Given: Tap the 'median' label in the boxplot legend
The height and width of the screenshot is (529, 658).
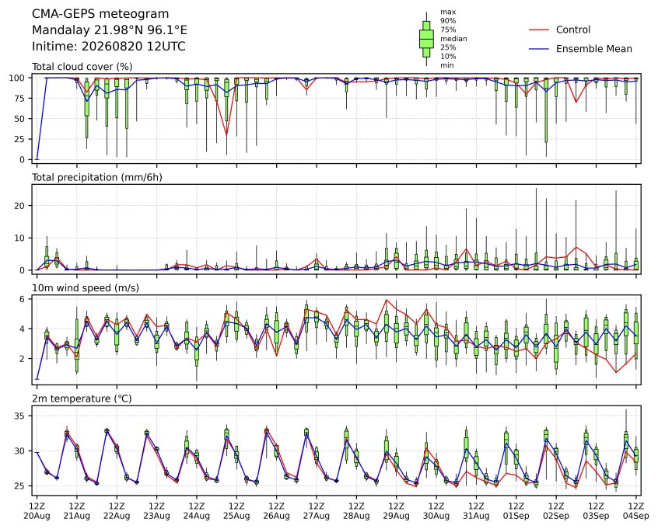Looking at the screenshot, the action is (453, 39).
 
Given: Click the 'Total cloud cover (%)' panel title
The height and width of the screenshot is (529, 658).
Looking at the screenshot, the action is (82, 67).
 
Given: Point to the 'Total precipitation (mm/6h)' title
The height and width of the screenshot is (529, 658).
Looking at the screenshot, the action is (97, 177).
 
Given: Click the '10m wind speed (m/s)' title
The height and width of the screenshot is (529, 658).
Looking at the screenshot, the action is (86, 288).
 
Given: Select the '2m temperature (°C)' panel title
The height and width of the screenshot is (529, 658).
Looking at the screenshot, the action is (82, 398).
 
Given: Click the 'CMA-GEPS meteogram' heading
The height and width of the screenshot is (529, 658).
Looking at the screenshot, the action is (100, 14).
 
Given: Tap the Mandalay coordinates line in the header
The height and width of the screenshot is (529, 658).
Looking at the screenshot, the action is (110, 30).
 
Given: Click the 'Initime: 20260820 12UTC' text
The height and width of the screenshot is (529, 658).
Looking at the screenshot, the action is (109, 46).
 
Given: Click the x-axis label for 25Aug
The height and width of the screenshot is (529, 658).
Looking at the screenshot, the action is (236, 516).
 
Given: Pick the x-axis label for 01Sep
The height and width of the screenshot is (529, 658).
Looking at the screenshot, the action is (516, 516).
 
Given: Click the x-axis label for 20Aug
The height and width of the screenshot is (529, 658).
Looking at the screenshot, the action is (37, 516).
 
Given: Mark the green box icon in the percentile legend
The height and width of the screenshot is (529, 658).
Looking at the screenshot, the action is (427, 39).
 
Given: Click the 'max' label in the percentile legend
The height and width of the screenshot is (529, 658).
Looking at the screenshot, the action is (448, 12).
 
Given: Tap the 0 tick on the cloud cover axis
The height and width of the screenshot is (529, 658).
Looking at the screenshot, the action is (23, 160).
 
